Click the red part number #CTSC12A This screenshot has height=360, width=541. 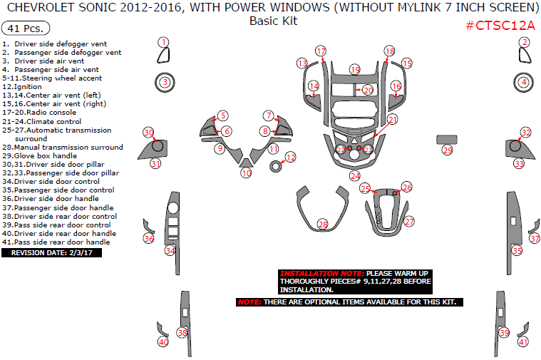[x=500, y=25]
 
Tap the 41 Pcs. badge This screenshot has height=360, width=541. [x=26, y=29]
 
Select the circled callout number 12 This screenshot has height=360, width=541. [x=291, y=158]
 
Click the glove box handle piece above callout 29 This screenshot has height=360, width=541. [x=447, y=140]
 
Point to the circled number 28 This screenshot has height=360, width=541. [x=323, y=225]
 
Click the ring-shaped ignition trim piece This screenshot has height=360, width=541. [x=275, y=166]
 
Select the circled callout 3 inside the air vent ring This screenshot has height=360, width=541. [x=165, y=82]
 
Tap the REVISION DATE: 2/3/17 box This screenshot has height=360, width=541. [x=52, y=252]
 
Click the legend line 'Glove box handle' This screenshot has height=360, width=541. [x=40, y=155]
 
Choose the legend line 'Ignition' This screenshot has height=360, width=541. [x=22, y=87]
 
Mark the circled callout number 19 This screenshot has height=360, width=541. [x=355, y=69]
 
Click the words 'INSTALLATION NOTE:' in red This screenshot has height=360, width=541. [x=321, y=273]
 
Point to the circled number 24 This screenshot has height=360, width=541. [x=355, y=176]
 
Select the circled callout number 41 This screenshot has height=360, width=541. [x=523, y=342]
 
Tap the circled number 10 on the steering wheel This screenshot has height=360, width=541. [x=246, y=173]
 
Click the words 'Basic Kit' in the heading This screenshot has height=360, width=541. [x=273, y=21]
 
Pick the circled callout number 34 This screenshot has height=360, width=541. [x=170, y=251]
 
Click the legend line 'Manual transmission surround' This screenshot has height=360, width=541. [x=63, y=147]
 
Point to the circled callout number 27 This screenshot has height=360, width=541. [x=409, y=222]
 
